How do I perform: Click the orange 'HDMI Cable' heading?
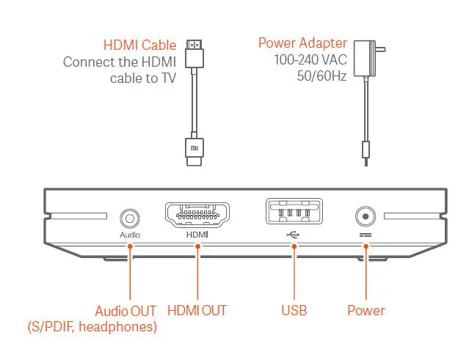pyautogui.click(x=141, y=45)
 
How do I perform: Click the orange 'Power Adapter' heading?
pyautogui.click(x=302, y=43)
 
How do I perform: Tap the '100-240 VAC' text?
pyautogui.click(x=310, y=60)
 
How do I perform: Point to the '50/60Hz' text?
pyautogui.click(x=321, y=77)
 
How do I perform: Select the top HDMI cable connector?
pyautogui.click(x=194, y=54)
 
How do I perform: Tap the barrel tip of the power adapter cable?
pyautogui.click(x=365, y=153)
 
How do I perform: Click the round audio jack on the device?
pyautogui.click(x=129, y=218)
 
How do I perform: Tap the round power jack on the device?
pyautogui.click(x=365, y=217)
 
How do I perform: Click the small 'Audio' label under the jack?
pyautogui.click(x=129, y=235)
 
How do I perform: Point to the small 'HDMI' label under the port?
pyautogui.click(x=197, y=235)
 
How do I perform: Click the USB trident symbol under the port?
pyautogui.click(x=294, y=235)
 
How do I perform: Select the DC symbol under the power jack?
pyautogui.click(x=365, y=235)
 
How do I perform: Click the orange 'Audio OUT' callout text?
pyautogui.click(x=126, y=310)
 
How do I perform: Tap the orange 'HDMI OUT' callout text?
pyautogui.click(x=197, y=310)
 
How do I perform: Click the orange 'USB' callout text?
pyautogui.click(x=294, y=310)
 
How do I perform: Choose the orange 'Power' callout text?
pyautogui.click(x=366, y=310)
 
